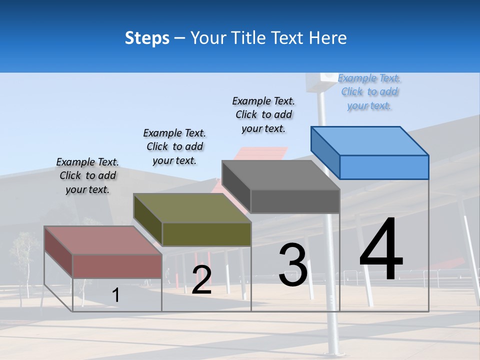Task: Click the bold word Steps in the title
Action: point(147,38)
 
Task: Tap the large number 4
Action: point(381,249)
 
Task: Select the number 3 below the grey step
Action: point(293,265)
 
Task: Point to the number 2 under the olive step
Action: point(201,280)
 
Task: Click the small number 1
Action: point(115,295)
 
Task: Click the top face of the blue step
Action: point(370,140)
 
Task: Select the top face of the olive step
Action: point(192,208)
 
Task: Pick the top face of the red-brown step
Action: point(103,240)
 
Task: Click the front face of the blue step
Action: point(384,167)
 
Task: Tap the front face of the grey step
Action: point(295,201)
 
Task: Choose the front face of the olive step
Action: point(206,234)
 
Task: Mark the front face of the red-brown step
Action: point(117,266)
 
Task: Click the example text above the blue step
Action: point(369,92)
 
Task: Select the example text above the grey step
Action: point(263,115)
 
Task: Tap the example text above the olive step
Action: point(174,146)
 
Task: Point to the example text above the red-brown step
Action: point(87,175)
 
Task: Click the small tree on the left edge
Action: point(22,260)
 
